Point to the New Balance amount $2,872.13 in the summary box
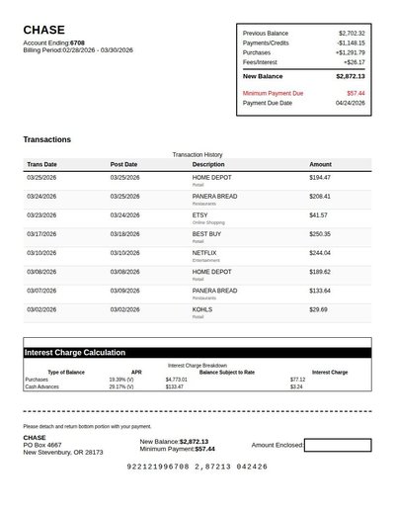click(x=350, y=76)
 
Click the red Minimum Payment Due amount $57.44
click(x=355, y=93)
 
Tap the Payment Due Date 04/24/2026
click(x=350, y=103)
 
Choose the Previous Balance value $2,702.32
click(x=351, y=33)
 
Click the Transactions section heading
click(x=47, y=139)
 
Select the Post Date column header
click(x=123, y=164)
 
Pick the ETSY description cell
click(x=200, y=214)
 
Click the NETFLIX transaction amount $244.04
click(x=320, y=252)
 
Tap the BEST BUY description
click(x=206, y=233)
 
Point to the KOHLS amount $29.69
click(x=318, y=309)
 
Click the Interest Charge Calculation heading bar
click(x=197, y=352)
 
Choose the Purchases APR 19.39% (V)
click(x=121, y=379)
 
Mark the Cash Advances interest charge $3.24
click(x=296, y=386)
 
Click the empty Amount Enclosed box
click(x=337, y=445)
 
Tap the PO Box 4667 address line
click(x=42, y=445)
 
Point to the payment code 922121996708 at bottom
click(x=163, y=466)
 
